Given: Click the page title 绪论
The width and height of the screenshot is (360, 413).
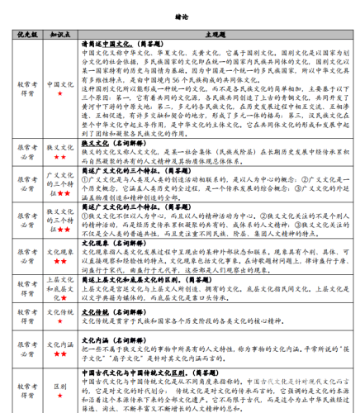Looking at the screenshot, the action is click(x=180, y=15).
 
